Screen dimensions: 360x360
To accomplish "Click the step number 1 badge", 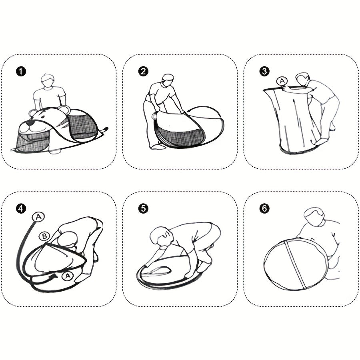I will tap(21, 72).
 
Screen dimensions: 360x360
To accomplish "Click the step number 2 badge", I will tap(143, 72).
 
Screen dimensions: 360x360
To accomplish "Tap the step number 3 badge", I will tap(264, 72).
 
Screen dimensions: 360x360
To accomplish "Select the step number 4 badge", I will tap(21, 208).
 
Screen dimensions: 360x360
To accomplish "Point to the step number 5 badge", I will tap(143, 208).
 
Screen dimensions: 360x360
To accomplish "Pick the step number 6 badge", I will tap(264, 208).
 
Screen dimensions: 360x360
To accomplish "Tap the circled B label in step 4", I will tap(44, 236).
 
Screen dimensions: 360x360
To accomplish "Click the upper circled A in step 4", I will tap(39, 217).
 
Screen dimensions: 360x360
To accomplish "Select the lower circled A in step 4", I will tap(67, 275).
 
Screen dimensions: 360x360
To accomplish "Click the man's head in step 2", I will tap(168, 80).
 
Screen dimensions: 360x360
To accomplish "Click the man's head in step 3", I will tap(303, 79).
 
